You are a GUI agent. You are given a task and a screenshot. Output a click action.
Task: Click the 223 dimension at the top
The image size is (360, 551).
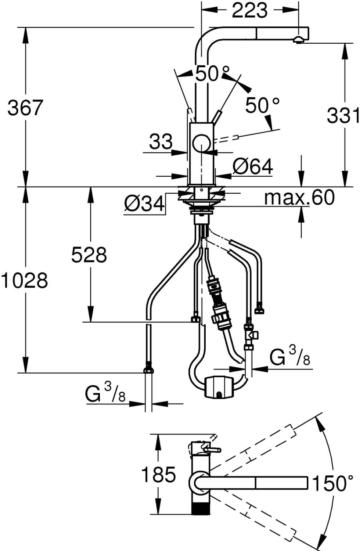pyautogui.click(x=249, y=10)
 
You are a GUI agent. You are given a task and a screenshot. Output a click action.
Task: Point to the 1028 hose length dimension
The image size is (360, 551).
pyautogui.click(x=24, y=281)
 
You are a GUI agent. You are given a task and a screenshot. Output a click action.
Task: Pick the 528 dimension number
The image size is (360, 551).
pyautogui.click(x=89, y=255)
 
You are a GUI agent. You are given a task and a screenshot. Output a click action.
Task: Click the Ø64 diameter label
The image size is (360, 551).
pyautogui.click(x=253, y=166)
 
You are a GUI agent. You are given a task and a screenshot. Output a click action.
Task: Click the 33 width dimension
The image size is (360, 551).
pyautogui.click(x=161, y=142)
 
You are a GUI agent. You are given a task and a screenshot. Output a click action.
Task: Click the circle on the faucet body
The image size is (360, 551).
pyautogui.click(x=202, y=144)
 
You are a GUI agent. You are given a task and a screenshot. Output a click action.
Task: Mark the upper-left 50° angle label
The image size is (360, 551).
pyautogui.click(x=212, y=73)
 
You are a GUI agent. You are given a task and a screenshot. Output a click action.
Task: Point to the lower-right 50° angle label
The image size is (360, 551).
pyautogui.click(x=263, y=105)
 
